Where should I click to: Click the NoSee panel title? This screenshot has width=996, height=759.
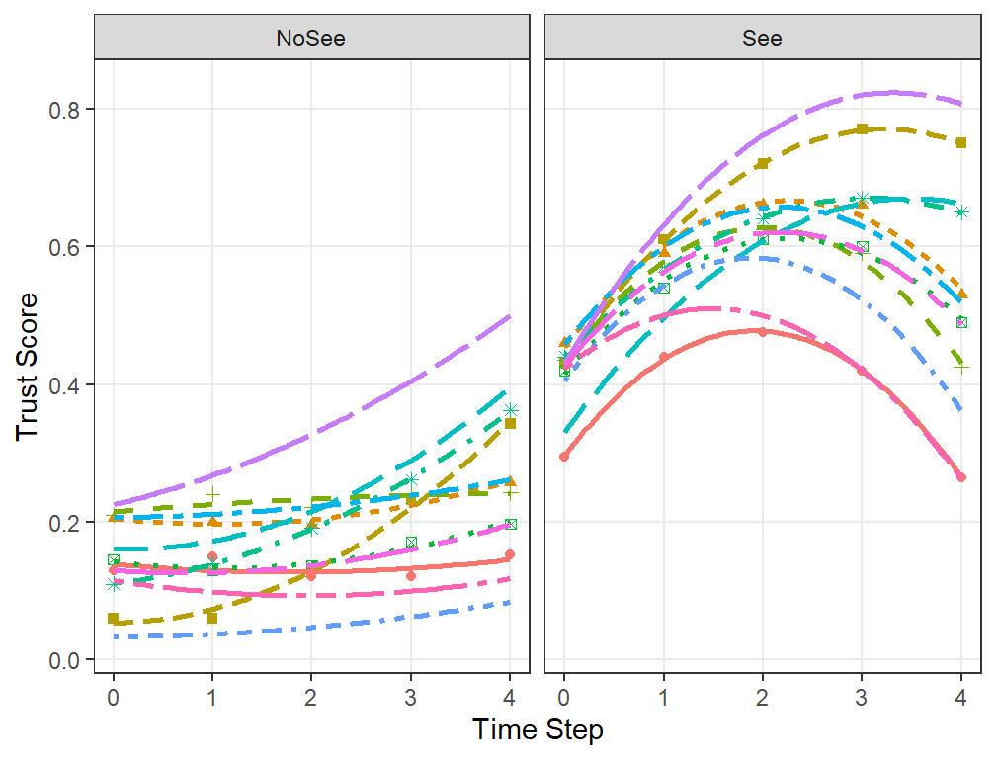(310, 39)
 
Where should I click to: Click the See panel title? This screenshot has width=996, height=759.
(762, 39)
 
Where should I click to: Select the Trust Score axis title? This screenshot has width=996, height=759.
(28, 367)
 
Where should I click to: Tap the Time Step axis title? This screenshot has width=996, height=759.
(538, 729)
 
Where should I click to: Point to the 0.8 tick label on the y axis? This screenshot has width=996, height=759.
(64, 110)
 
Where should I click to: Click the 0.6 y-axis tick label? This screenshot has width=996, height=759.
(64, 247)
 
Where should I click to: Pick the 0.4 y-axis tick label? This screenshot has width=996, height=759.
(64, 384)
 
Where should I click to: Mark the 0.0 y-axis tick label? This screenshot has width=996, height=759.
(64, 660)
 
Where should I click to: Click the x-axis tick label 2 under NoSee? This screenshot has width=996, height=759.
(310, 698)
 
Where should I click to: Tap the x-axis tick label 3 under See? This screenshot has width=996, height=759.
(862, 698)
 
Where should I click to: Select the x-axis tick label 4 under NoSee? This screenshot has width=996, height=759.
(510, 698)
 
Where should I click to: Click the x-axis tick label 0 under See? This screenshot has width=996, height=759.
(563, 698)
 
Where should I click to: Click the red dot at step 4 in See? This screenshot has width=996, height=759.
(961, 477)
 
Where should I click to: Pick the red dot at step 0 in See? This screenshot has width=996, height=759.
(564, 457)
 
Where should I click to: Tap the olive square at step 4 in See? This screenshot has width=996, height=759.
(961, 143)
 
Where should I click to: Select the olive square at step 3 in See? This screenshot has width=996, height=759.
(862, 128)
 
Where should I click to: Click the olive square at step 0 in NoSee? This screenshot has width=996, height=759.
(113, 618)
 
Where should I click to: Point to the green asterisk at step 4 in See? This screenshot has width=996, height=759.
(961, 212)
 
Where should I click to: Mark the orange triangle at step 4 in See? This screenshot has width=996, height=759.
(961, 294)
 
